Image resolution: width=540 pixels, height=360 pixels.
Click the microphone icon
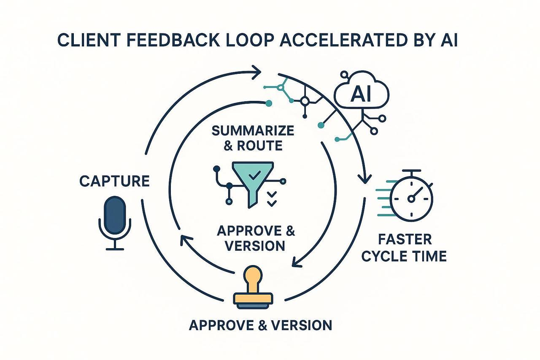[x=115, y=215]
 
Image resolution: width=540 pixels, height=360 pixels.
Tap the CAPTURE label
[x=114, y=181]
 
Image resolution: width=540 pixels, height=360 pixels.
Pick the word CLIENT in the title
[x=83, y=43]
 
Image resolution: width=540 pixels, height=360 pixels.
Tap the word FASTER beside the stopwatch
[x=405, y=239]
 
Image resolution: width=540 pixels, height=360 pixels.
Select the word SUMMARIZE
[x=253, y=130]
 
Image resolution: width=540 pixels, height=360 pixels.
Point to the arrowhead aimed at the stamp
[x=297, y=262]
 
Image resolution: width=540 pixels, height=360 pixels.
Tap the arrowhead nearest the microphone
[x=185, y=240]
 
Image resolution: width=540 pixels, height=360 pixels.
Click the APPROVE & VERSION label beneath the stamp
[x=260, y=325]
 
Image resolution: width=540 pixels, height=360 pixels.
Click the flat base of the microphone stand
[x=115, y=249]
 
